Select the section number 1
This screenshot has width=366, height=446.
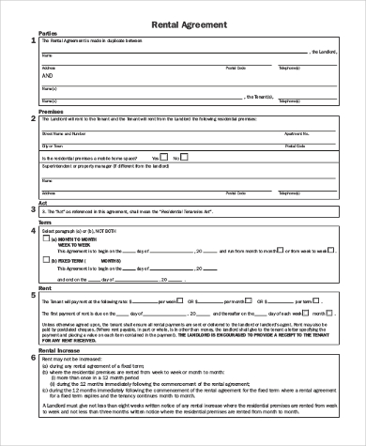coord(34,41)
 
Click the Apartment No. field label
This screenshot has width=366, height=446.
coord(295,133)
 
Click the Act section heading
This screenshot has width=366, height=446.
coord(42,202)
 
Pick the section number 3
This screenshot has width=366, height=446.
coord(34,210)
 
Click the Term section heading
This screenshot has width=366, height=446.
coord(45,222)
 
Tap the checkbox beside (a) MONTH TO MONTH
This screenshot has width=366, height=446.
coord(47,240)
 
